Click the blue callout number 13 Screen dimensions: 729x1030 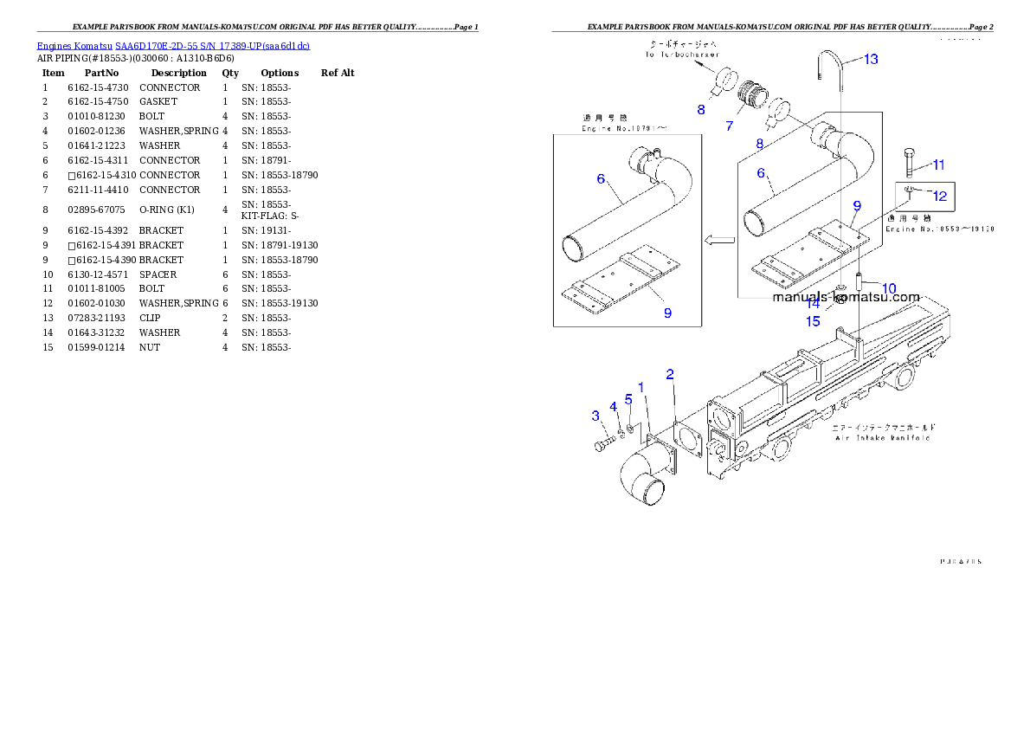coord(871,59)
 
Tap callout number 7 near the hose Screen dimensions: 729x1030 coord(729,126)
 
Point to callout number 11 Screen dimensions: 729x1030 coord(938,165)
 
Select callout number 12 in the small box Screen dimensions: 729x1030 coord(940,197)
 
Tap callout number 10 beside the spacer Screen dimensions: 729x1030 coord(889,287)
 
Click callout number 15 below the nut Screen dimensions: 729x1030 coord(813,321)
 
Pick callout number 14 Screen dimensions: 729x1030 coord(813,304)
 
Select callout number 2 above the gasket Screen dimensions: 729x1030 coord(670,374)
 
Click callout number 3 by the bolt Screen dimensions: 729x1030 coord(595,416)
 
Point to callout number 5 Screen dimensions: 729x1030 coord(629,398)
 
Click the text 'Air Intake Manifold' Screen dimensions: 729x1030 coord(882,438)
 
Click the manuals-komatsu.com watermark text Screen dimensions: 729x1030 coord(846,297)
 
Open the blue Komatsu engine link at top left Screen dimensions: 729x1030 coord(173,45)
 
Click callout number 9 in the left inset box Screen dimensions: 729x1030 coord(667,313)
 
